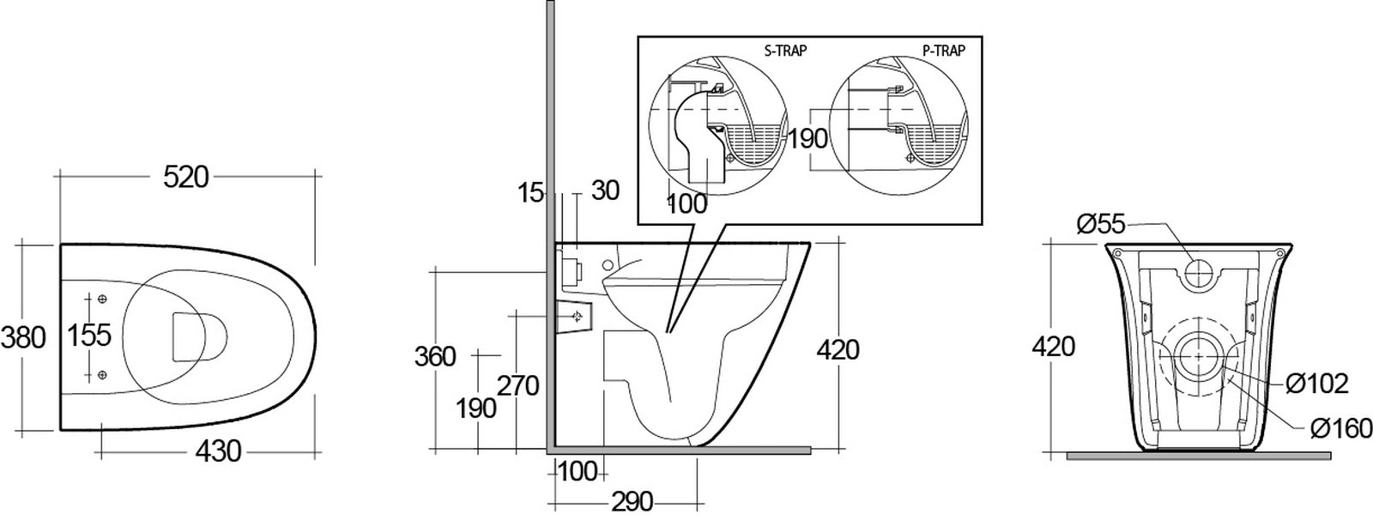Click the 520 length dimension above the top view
186,178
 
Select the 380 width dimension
22,337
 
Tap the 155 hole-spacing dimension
90,335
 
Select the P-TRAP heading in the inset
944,51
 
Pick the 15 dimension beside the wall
532,192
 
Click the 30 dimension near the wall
605,190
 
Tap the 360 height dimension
435,355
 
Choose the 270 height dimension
518,386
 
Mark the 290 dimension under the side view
632,500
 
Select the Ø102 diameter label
1317,384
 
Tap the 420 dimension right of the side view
838,349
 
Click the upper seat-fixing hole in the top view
102,298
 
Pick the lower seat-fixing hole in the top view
102,373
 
